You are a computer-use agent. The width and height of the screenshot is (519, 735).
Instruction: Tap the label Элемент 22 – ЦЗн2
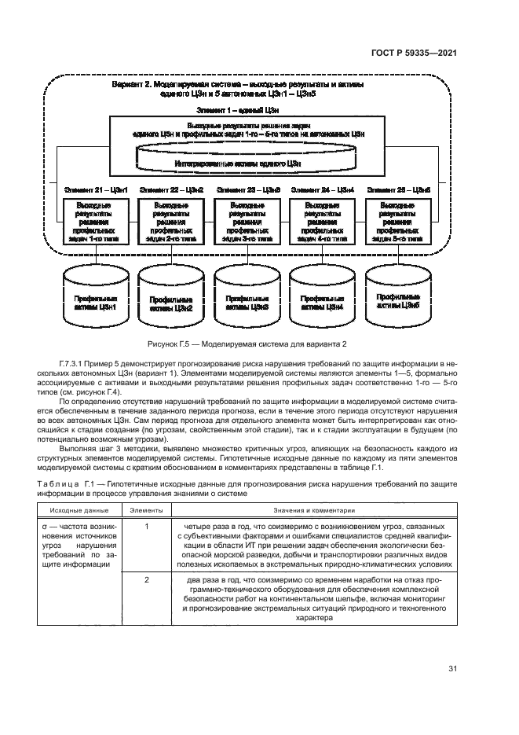(170, 190)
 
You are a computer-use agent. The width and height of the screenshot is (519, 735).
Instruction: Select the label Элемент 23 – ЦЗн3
(247, 190)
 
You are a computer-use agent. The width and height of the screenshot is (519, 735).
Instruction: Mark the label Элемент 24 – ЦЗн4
(323, 190)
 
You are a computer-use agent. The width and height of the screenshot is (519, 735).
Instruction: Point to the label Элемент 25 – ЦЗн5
(399, 190)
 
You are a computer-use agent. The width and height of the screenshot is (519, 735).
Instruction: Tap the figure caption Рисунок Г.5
(247, 346)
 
